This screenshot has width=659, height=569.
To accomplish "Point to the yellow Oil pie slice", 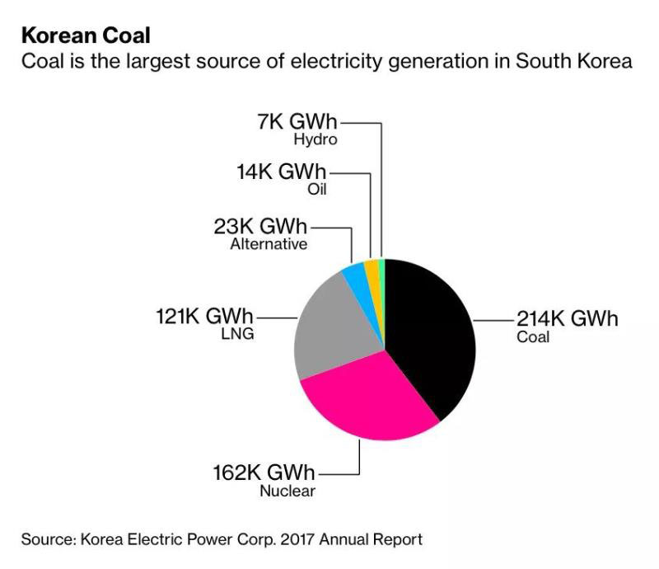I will (372, 270).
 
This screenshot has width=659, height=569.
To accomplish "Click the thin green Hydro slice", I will (382, 269).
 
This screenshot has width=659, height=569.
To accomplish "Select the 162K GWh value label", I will (264, 473).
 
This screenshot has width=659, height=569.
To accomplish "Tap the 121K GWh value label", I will (206, 316).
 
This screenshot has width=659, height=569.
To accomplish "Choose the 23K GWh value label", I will (259, 226).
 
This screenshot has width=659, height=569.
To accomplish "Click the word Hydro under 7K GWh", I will (315, 140).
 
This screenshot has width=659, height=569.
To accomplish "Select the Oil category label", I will (316, 190).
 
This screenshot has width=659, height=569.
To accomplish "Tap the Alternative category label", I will (269, 244).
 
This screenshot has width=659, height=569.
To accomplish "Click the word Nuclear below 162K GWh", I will (287, 491).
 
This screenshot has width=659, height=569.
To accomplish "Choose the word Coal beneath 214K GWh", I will (533, 336).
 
